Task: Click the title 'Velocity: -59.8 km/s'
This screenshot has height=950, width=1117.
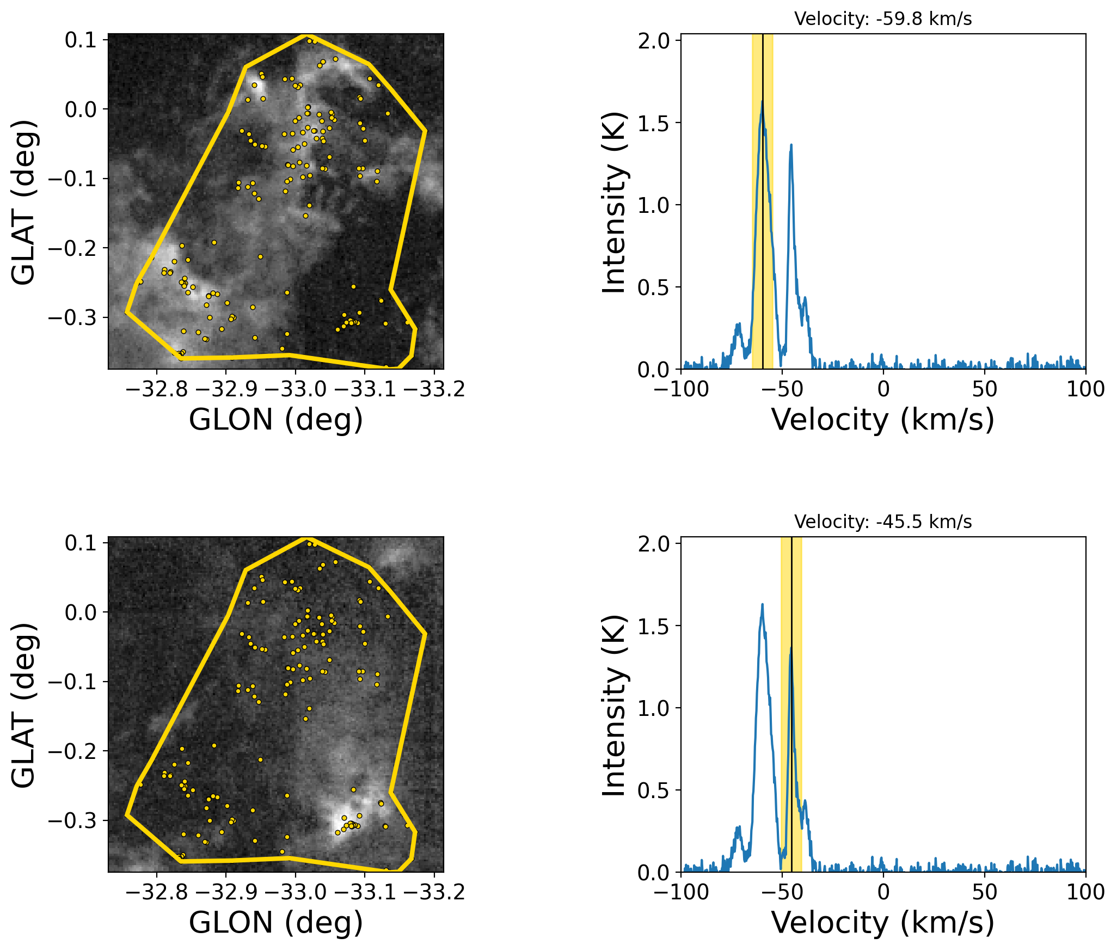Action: click(x=883, y=19)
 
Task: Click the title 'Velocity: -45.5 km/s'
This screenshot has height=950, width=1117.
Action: click(x=883, y=522)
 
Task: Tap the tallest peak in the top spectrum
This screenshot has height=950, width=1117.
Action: click(x=763, y=102)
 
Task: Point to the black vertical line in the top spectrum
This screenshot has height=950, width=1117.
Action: click(x=763, y=218)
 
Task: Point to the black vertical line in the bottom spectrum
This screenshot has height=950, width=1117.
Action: click(x=792, y=708)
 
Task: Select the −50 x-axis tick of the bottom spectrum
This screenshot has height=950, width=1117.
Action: click(x=782, y=892)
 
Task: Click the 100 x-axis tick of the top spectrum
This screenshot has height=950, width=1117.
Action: click(x=1085, y=389)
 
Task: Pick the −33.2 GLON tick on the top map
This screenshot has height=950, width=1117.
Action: click(x=434, y=389)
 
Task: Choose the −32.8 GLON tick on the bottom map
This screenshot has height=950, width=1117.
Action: click(x=157, y=892)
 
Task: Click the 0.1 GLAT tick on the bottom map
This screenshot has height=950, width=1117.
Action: click(x=81, y=543)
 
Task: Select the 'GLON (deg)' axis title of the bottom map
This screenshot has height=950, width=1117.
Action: click(x=276, y=923)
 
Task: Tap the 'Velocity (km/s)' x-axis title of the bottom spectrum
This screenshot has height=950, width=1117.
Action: click(x=883, y=923)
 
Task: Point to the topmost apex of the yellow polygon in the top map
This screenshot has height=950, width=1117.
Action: click(x=305, y=35)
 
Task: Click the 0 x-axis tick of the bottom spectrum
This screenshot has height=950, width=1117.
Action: click(x=883, y=892)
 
